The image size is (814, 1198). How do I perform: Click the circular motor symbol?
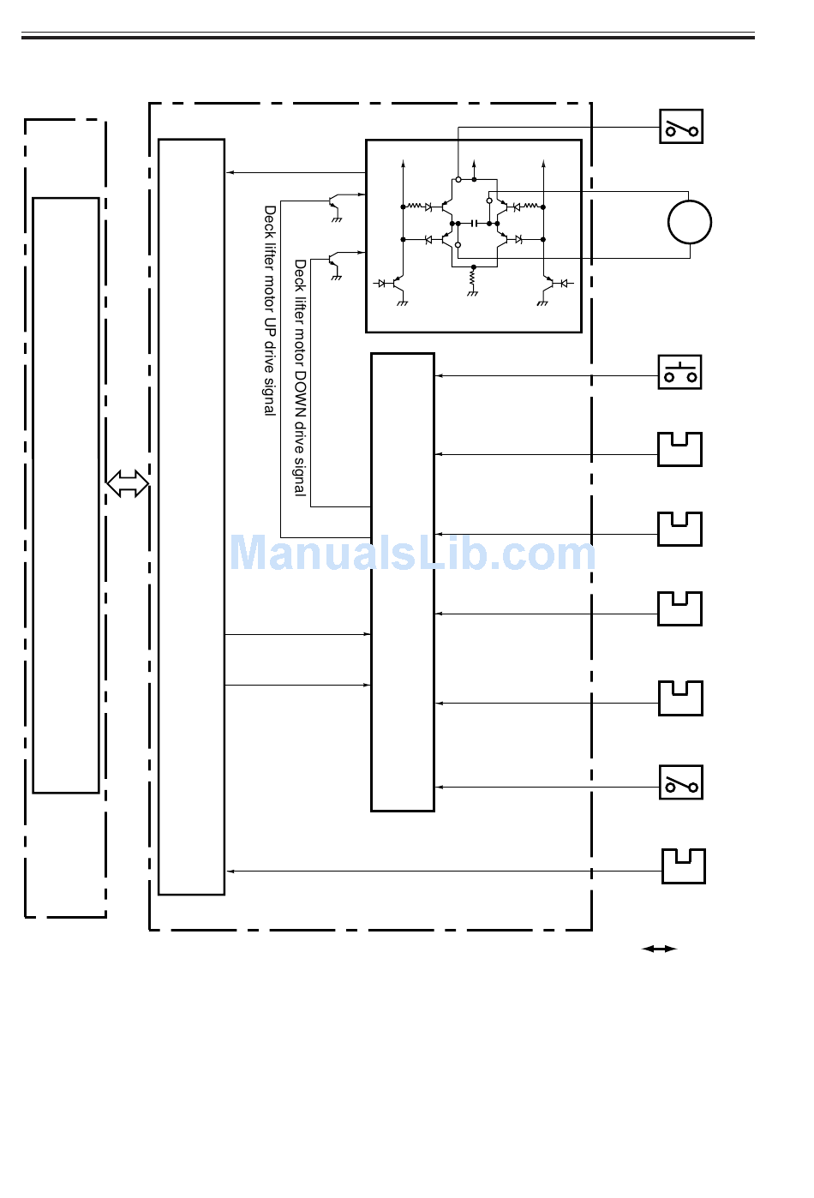[689, 222]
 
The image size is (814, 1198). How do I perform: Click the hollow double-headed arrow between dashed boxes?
[128, 483]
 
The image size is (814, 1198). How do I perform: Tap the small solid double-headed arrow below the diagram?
[659, 949]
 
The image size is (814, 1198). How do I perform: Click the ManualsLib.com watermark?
[412, 553]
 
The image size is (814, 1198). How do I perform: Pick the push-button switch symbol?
[679, 373]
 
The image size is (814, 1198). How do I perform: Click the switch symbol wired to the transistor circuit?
[681, 127]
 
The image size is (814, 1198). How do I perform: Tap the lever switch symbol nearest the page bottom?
[681, 782]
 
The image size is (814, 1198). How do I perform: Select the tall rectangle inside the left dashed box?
[66, 495]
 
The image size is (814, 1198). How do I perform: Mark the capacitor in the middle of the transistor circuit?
[474, 223]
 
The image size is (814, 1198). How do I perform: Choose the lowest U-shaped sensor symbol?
[683, 866]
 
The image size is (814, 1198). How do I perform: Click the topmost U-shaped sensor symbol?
[679, 449]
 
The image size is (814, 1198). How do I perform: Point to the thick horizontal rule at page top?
[388, 37]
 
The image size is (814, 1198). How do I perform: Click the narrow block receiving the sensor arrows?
[403, 582]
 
